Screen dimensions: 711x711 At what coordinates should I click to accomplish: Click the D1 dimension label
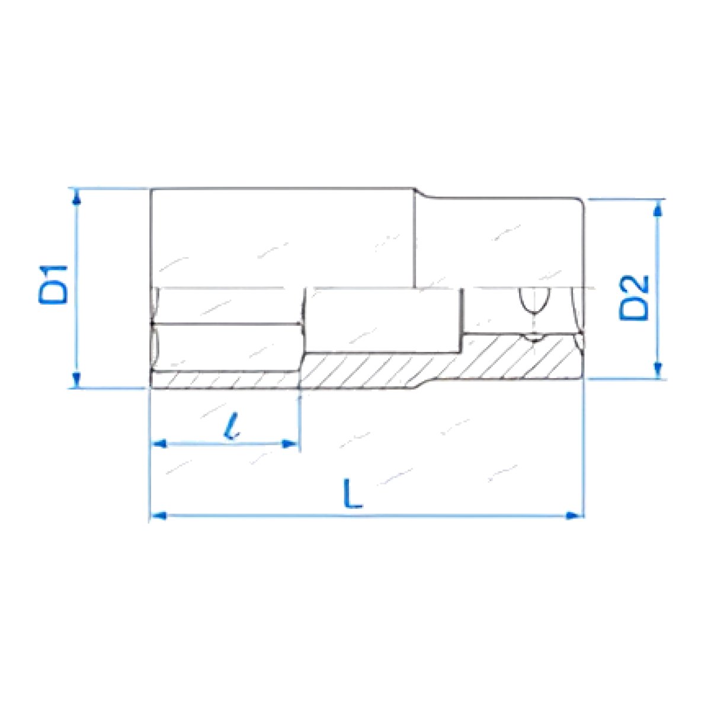point(53,284)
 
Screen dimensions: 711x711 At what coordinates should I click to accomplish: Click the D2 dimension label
point(633,298)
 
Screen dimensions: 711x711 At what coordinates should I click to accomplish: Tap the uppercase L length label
point(353,494)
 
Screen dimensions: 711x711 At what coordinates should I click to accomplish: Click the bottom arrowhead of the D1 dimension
point(76,380)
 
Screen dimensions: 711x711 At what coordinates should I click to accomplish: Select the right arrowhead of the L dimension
point(575,515)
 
